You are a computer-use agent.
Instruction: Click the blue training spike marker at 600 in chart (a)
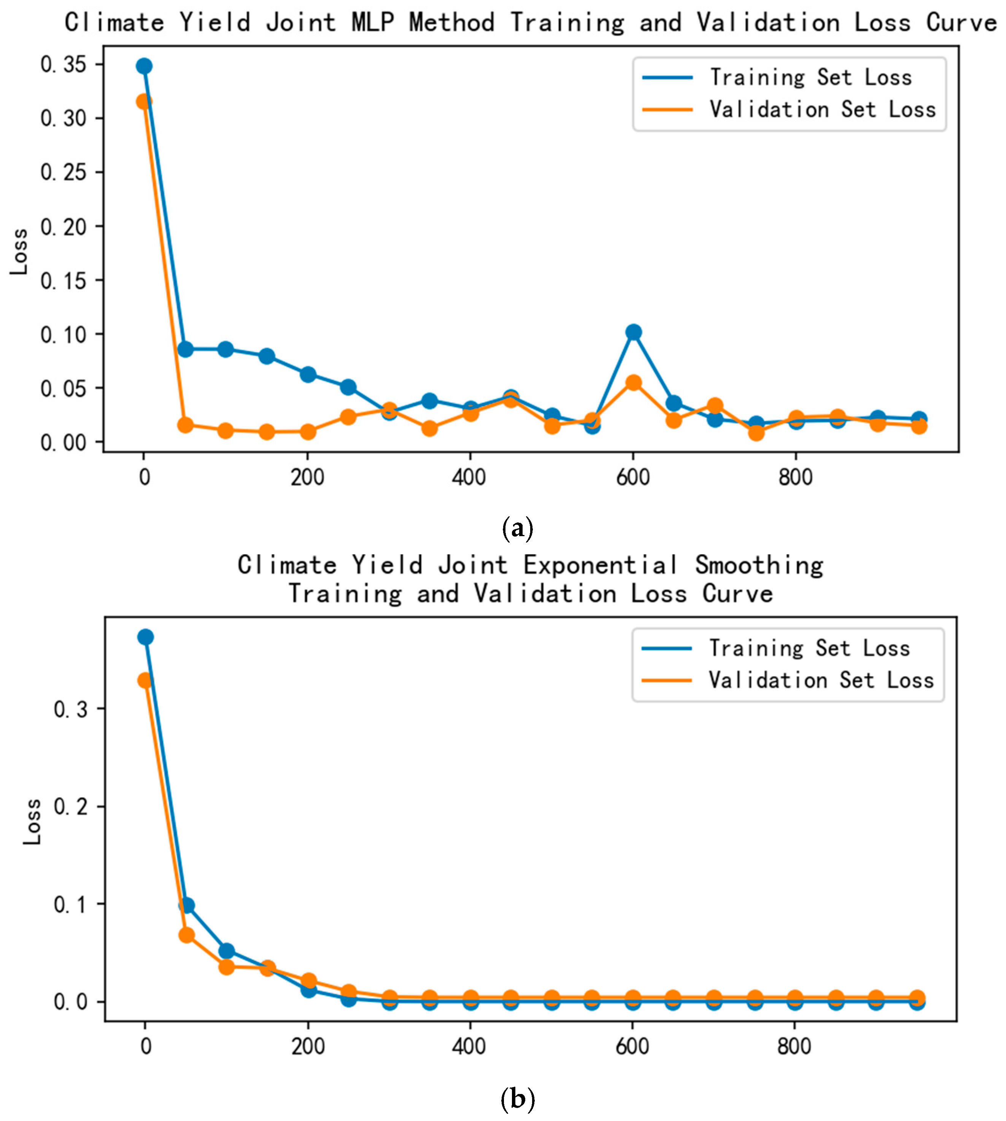(633, 332)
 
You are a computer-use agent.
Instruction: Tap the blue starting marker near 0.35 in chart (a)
(144, 66)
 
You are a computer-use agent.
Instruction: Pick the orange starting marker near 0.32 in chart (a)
(144, 102)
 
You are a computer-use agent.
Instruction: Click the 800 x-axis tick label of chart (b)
(794, 1046)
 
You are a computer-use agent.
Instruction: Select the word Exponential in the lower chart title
(601, 565)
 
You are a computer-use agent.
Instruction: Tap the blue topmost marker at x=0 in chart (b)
(145, 637)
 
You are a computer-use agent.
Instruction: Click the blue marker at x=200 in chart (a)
(308, 374)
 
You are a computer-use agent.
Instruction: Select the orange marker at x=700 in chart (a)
(715, 405)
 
